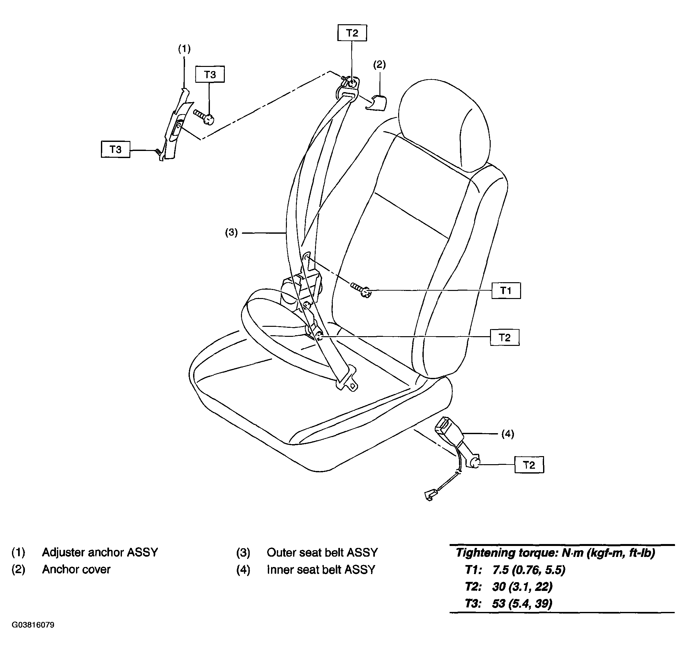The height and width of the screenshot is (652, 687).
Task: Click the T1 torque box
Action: click(506, 290)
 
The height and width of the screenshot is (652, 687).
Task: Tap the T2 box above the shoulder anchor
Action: click(352, 33)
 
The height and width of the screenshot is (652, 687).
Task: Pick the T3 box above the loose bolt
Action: click(210, 74)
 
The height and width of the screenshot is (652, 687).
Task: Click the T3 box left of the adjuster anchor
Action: click(115, 149)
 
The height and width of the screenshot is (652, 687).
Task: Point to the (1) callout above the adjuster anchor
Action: click(185, 49)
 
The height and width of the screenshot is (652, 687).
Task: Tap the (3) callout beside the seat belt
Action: click(231, 232)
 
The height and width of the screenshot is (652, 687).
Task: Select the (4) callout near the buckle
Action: click(507, 433)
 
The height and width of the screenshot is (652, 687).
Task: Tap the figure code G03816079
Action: click(33, 625)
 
